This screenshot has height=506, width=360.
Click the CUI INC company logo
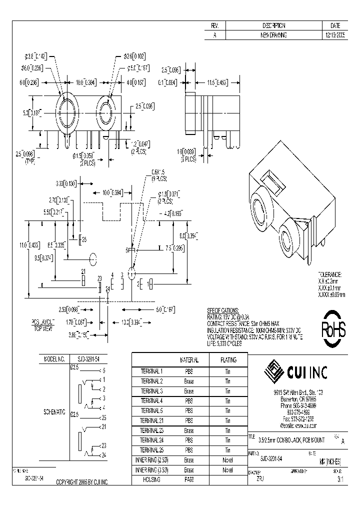[x=298, y=372]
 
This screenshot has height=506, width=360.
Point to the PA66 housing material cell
[x=189, y=479]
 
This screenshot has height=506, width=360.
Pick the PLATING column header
[x=228, y=359]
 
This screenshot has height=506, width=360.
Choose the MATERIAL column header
[x=189, y=359]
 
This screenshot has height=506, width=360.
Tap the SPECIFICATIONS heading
[x=223, y=310]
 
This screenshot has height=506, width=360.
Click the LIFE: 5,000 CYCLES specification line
[x=224, y=343]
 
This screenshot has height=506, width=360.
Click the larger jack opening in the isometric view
[x=261, y=206]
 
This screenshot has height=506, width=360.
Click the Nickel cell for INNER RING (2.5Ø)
[x=228, y=459]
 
